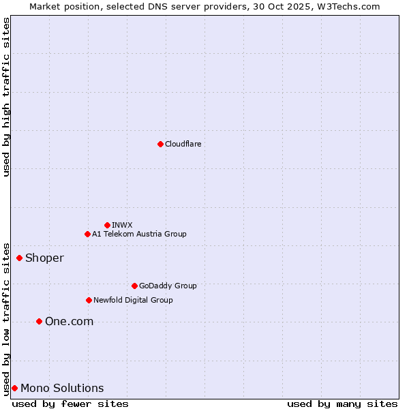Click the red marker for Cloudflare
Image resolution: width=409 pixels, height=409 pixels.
pos(160,144)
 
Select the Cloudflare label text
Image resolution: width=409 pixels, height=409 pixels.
pos(183,144)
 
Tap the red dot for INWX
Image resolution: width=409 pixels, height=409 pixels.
pos(107,225)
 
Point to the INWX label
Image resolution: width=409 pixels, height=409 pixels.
pos(122,225)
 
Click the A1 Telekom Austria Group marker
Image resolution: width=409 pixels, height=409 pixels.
pos(87,234)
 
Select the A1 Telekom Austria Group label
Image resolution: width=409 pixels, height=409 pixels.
pos(139,234)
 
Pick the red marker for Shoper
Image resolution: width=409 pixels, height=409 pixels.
pos(19,258)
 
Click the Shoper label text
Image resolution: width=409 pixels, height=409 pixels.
pos(44,258)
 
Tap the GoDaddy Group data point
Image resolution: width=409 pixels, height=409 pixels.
pos(134,286)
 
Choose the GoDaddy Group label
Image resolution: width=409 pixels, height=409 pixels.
pos(168,286)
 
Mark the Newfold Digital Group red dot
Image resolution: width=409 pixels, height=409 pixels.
pos(89,300)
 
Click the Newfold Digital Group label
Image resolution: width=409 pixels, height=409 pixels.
pos(133,300)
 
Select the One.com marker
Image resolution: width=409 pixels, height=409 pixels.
pos(39,321)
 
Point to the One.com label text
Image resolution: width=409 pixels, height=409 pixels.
pos(69,321)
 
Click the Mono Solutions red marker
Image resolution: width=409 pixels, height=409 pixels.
pos(14,388)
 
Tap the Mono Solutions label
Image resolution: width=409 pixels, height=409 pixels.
pos(62,388)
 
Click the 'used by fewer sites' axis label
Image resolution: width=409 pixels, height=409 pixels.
pos(70,404)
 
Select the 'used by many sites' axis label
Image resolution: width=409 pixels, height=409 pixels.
pos(342,404)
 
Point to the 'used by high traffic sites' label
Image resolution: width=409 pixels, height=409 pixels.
pos(6,97)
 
